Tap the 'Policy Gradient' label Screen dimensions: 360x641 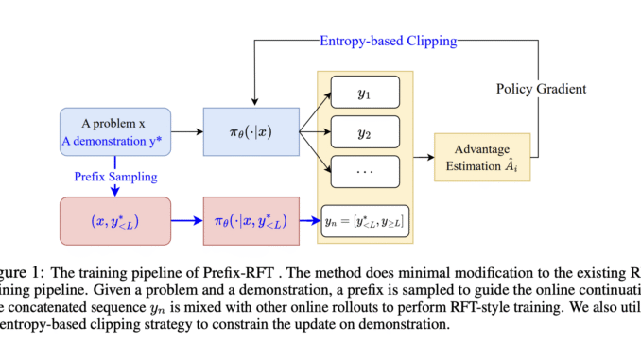pos(540,88)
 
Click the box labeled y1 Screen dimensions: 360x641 pos(366,94)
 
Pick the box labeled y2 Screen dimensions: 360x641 pos(366,134)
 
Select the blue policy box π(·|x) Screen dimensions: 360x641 pos(251,133)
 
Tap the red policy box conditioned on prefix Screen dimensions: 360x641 pos(251,221)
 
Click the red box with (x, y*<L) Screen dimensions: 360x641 pos(114,221)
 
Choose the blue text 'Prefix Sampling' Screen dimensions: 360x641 pos(114,177)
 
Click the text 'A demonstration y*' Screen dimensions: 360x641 pos(114,144)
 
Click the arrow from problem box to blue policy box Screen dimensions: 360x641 pos(186,133)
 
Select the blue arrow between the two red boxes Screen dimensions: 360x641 pos(187,221)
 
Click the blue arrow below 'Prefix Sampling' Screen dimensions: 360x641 pos(114,190)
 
